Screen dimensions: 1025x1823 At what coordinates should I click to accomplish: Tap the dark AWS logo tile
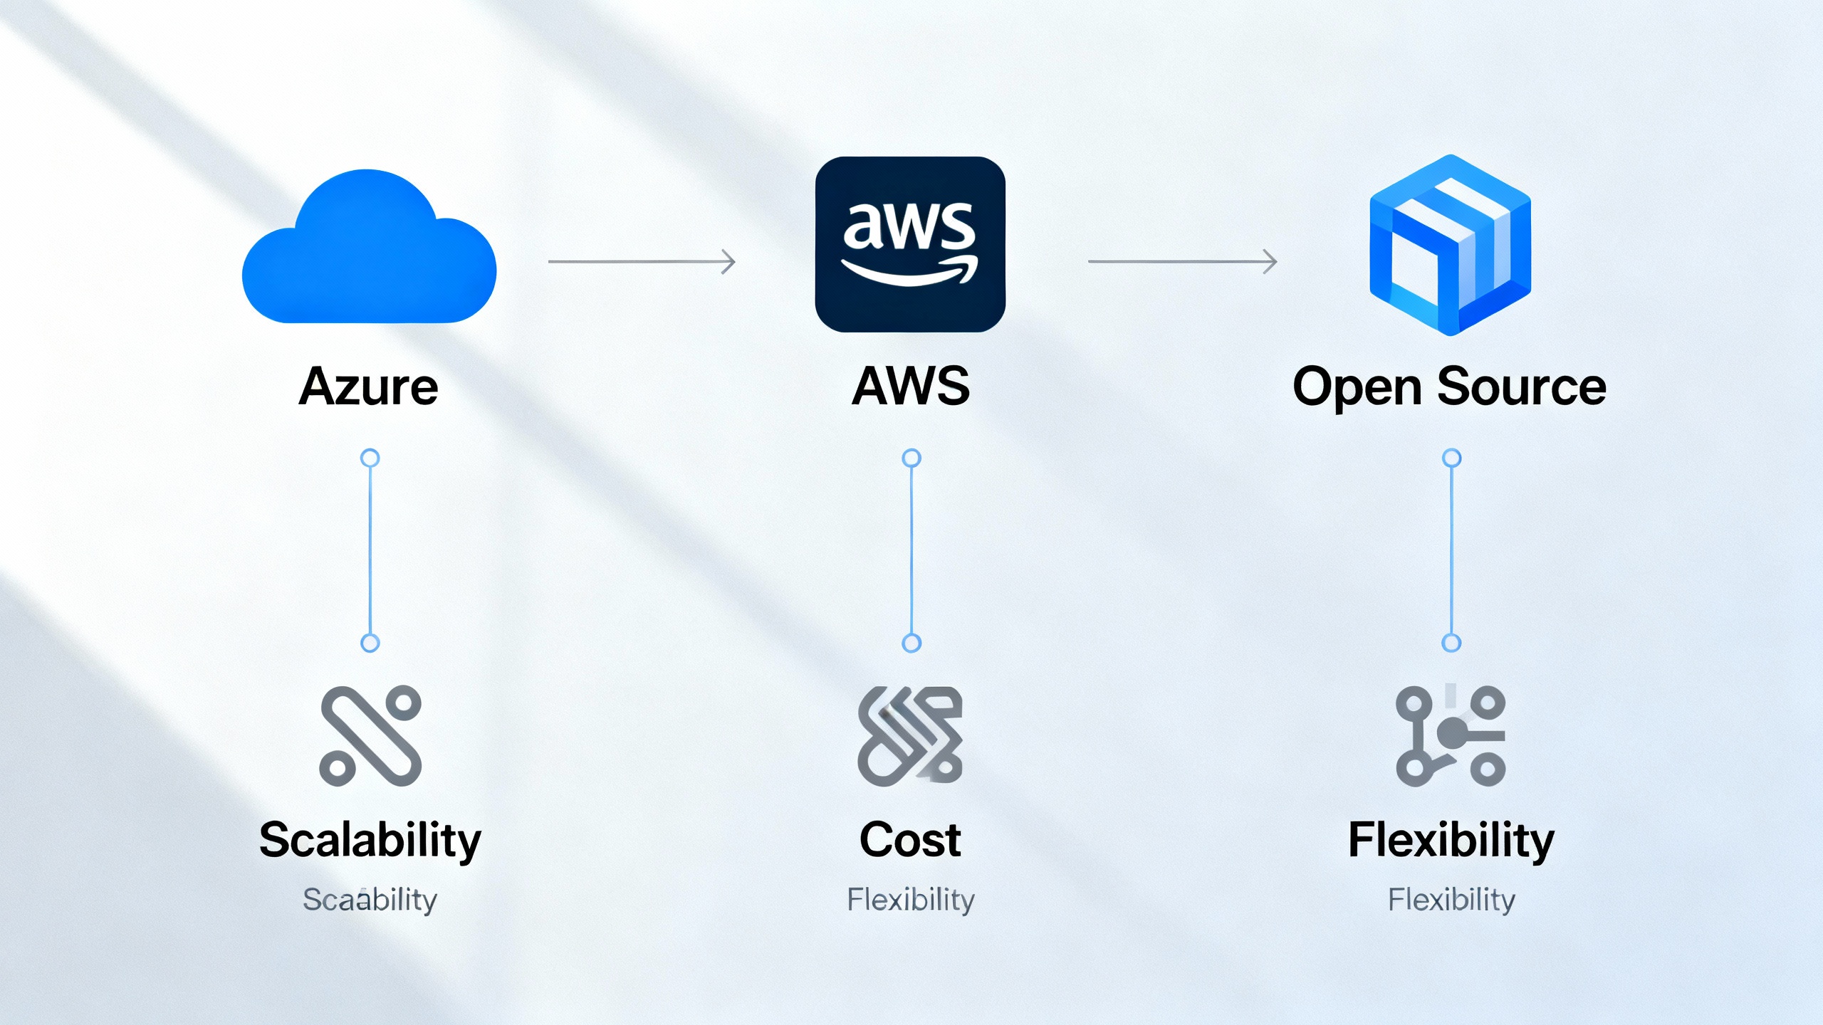[910, 244]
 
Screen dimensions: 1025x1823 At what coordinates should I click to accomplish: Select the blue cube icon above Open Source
[1450, 246]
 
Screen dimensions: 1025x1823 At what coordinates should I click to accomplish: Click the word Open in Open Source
[1357, 388]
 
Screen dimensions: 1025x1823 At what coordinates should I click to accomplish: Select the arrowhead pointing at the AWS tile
[728, 261]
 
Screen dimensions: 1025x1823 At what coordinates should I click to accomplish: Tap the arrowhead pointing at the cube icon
[1270, 261]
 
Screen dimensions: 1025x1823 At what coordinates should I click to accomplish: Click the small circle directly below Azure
[370, 458]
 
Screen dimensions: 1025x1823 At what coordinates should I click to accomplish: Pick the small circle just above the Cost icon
[911, 643]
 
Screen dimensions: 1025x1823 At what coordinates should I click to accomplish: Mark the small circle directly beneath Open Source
[1451, 458]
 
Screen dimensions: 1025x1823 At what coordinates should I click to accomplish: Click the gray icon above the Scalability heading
[370, 736]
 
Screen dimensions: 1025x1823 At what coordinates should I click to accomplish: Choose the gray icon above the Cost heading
[910, 736]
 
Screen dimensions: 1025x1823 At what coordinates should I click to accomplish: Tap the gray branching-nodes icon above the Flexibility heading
[1451, 736]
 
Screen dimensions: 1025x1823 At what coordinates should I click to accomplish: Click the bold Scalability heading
[370, 840]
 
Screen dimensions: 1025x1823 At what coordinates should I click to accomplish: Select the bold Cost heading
[910, 840]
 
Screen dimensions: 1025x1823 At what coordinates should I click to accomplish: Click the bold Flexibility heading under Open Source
[1451, 840]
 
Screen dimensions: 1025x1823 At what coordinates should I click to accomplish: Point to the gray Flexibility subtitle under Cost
[910, 900]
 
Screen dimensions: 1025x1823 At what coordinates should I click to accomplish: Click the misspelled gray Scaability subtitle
[370, 900]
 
